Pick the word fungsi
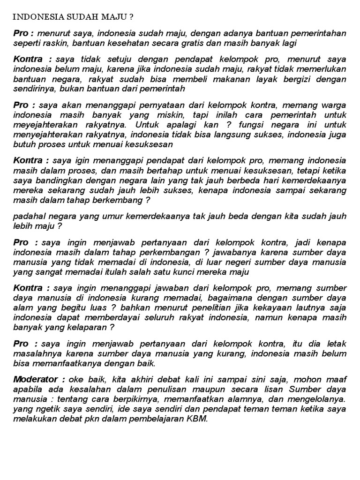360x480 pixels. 250,124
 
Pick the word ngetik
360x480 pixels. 43,409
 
